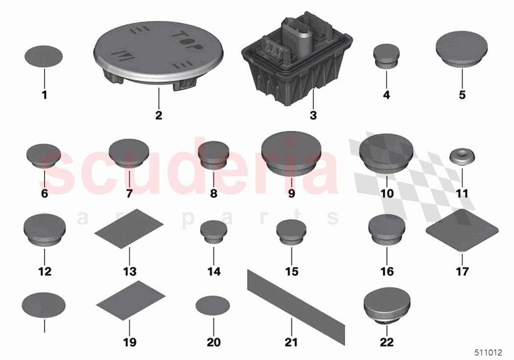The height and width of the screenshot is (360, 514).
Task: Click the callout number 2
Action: (x=158, y=116)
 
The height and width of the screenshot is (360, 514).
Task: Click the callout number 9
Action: (x=291, y=193)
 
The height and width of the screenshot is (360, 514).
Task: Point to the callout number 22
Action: (x=387, y=342)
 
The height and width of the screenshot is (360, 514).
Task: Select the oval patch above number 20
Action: (x=213, y=306)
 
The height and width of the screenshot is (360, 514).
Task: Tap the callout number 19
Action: (x=129, y=342)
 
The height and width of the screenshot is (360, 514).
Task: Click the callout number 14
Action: (x=214, y=271)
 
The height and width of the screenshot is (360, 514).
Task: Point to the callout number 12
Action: (x=45, y=271)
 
